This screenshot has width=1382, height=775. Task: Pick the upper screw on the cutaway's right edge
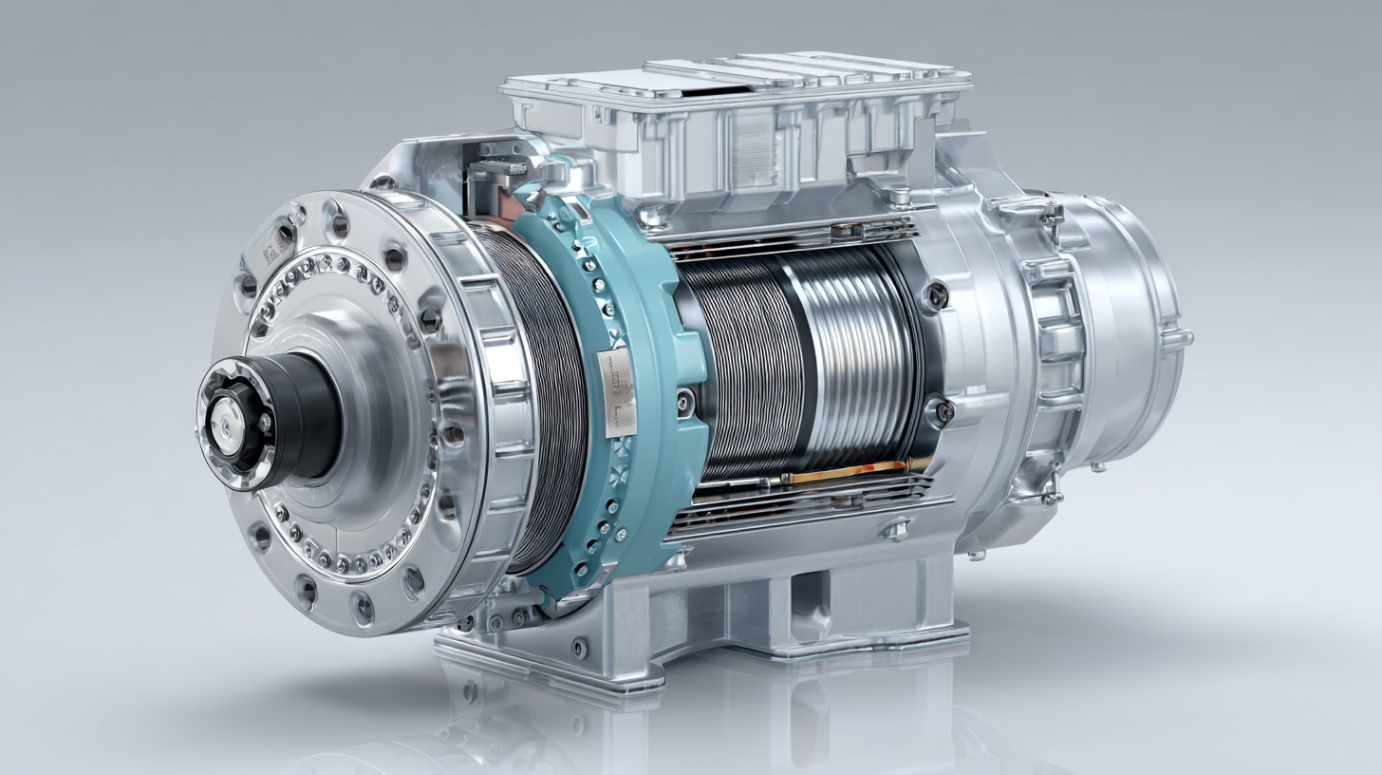pos(937,295)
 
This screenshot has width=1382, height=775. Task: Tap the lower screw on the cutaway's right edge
pos(942,410)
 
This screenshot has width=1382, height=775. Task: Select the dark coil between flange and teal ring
pos(541,399)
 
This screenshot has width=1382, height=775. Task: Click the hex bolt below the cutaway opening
pos(895,528)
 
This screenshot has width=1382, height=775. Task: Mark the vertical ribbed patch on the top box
pos(755,147)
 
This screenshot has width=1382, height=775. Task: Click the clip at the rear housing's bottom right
pos(1049,493)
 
